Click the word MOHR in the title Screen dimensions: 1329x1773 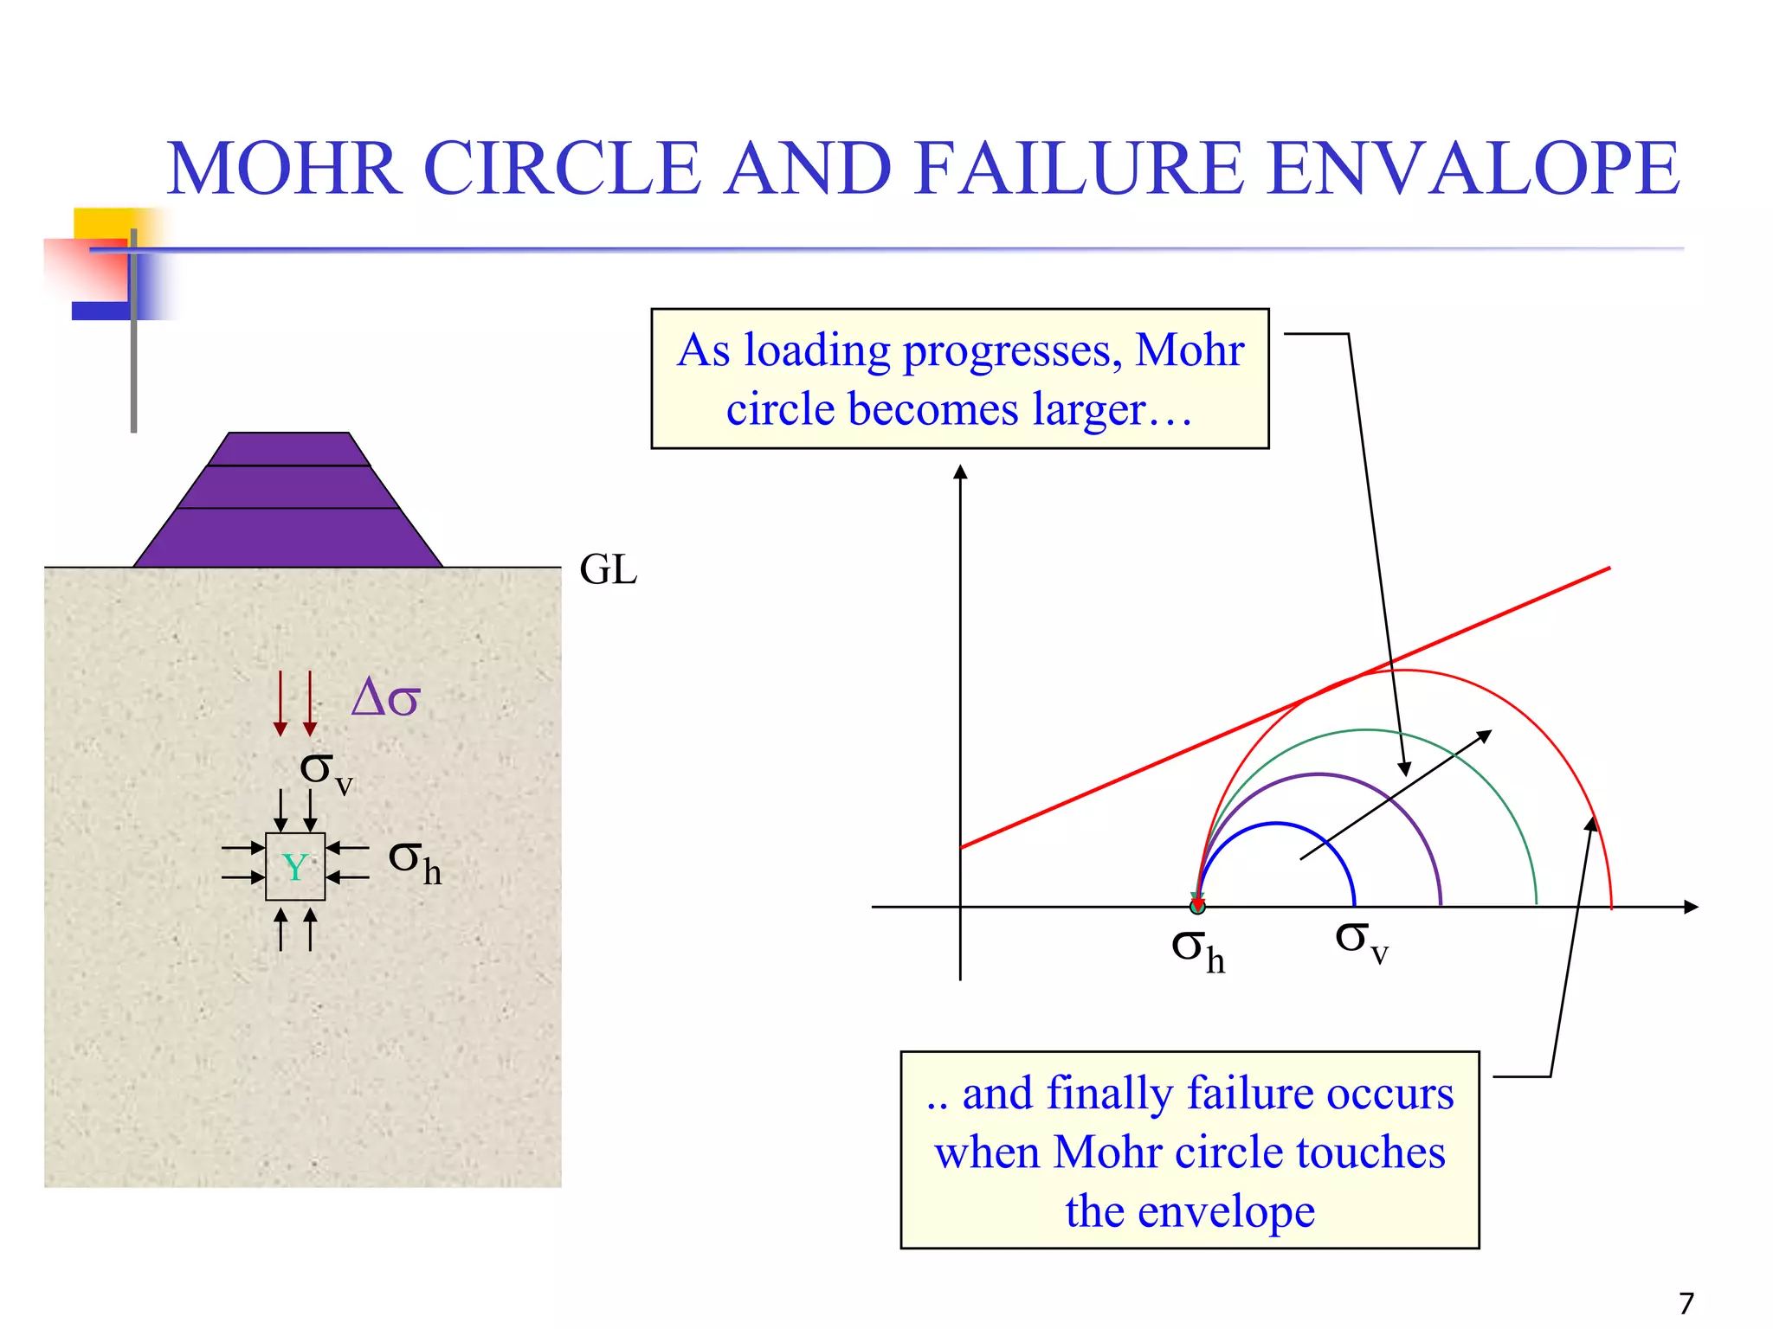(x=284, y=168)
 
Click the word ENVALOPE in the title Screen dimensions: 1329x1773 (x=1473, y=168)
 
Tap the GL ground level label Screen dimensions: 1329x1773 (x=608, y=570)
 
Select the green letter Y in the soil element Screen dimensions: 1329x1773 (x=295, y=867)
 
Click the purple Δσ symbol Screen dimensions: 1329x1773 (x=385, y=697)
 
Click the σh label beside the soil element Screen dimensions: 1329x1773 (x=415, y=862)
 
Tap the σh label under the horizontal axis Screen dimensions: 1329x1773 (x=1197, y=949)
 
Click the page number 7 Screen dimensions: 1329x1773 (x=1686, y=1303)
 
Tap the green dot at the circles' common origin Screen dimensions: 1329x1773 (x=1197, y=907)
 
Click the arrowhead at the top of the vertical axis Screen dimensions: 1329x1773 (x=960, y=472)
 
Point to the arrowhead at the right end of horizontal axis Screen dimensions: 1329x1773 (x=1691, y=907)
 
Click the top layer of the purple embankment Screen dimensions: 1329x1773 (x=289, y=449)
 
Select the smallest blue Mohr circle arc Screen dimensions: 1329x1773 (x=1276, y=824)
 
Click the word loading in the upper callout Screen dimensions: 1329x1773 (x=816, y=351)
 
